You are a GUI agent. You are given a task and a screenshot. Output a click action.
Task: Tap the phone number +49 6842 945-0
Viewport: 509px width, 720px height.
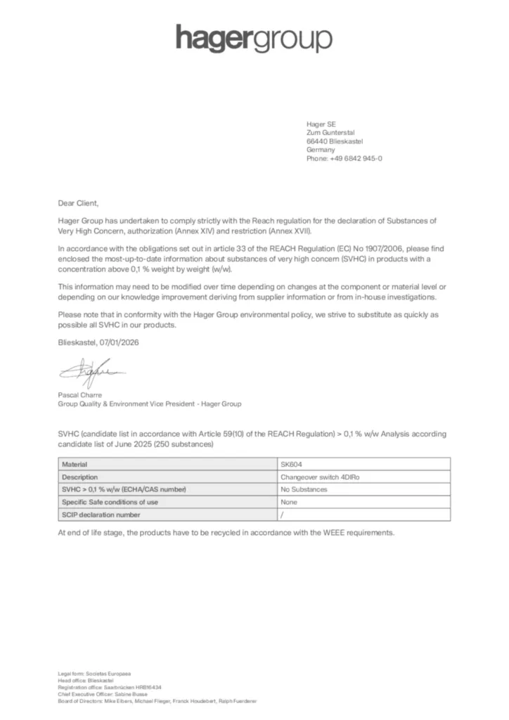(x=358, y=159)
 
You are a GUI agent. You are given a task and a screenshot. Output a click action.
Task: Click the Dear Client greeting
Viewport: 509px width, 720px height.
(x=79, y=202)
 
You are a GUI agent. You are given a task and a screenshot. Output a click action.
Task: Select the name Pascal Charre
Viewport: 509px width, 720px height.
(x=80, y=395)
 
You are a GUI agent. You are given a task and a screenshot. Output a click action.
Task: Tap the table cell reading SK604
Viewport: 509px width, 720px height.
(x=290, y=464)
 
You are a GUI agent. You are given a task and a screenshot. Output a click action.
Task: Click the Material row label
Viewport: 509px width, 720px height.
(x=75, y=464)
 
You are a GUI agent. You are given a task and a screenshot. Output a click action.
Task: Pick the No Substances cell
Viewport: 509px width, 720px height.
(x=304, y=489)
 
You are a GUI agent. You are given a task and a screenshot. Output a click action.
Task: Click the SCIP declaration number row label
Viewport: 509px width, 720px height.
(x=96, y=515)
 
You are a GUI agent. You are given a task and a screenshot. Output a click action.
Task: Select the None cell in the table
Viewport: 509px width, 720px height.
(x=289, y=502)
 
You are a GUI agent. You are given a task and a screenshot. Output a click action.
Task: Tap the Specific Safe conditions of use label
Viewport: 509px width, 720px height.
(x=110, y=502)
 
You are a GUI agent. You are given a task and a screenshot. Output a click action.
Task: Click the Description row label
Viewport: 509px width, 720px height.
(x=79, y=477)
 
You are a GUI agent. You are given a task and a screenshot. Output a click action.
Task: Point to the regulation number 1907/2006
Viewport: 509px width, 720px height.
(x=349, y=249)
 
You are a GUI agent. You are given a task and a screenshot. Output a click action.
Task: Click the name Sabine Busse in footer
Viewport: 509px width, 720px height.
(x=129, y=694)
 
